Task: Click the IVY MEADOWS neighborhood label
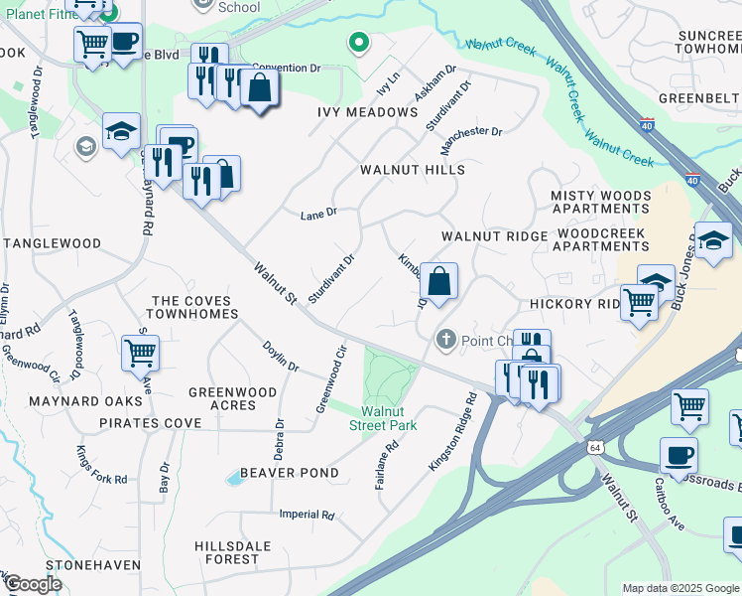click(x=367, y=112)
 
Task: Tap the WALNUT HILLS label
click(x=413, y=170)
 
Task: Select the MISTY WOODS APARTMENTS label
click(x=600, y=203)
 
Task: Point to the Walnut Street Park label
click(x=389, y=418)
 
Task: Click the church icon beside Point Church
click(x=446, y=341)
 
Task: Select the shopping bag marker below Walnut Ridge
click(x=438, y=280)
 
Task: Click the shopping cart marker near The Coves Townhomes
click(x=141, y=352)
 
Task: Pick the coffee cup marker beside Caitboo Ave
click(x=679, y=455)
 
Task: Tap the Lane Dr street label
click(x=318, y=213)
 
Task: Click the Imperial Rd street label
click(x=307, y=515)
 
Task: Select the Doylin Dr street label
click(x=281, y=357)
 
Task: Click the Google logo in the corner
click(x=32, y=584)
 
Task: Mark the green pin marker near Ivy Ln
click(x=358, y=43)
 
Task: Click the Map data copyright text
click(x=680, y=588)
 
